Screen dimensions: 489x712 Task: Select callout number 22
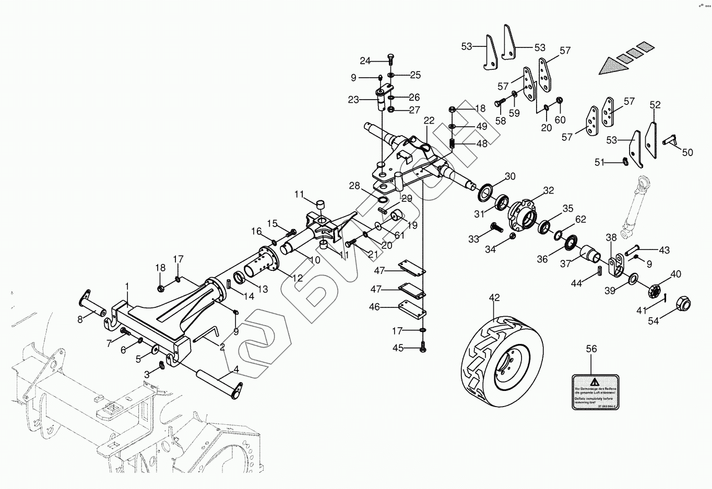429,121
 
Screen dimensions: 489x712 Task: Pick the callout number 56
591,349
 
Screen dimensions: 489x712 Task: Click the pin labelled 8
92,304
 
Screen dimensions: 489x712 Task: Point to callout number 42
494,298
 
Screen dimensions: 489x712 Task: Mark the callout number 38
611,237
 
